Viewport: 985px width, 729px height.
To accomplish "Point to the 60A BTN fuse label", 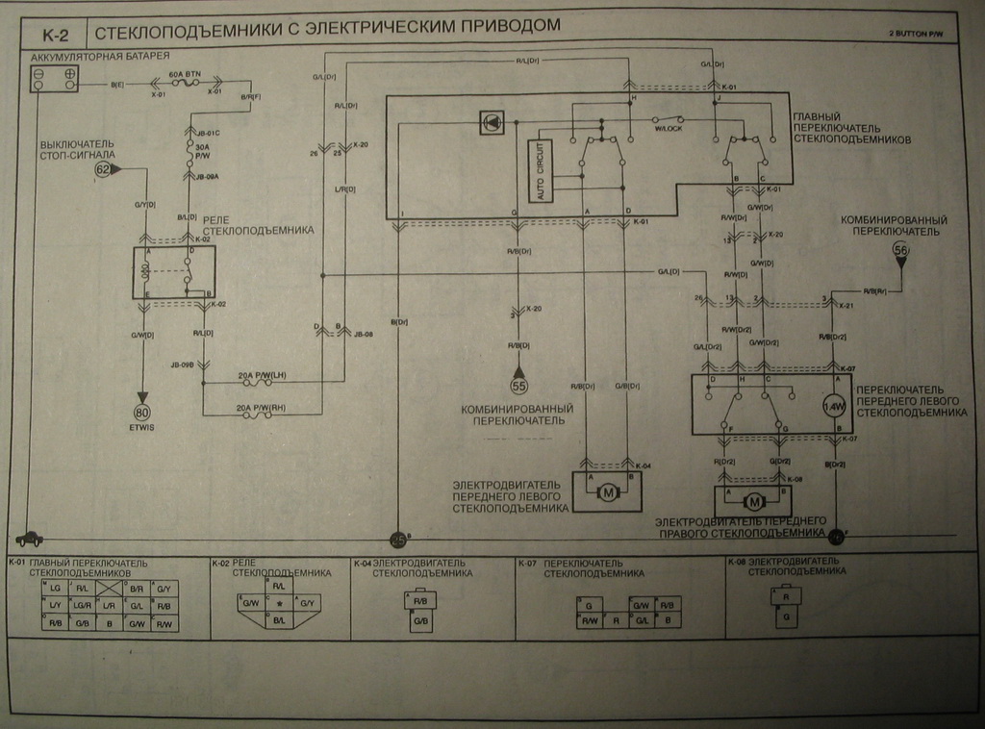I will click(186, 73).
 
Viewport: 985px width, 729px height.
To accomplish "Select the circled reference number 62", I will click(103, 169).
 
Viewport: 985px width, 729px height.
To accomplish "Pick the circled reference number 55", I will click(518, 385).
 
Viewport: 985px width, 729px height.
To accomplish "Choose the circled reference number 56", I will click(900, 251).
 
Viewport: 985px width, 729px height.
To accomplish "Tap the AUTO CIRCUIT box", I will click(539, 170).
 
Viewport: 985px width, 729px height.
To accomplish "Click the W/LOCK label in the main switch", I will click(668, 128).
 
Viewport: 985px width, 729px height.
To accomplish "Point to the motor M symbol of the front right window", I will click(755, 501).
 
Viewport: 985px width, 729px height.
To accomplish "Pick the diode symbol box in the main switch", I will click(492, 124).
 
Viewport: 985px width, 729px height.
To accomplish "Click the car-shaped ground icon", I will click(26, 540).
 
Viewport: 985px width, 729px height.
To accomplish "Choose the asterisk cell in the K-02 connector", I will click(278, 603).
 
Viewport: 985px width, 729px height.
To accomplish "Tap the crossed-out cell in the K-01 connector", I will click(110, 587).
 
